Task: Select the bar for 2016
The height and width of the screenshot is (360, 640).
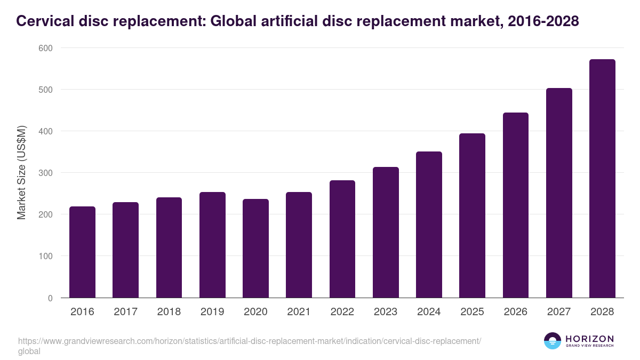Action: pyautogui.click(x=83, y=252)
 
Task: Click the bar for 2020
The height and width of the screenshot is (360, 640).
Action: pyautogui.click(x=256, y=249)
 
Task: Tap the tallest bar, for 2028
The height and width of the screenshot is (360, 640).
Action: pyautogui.click(x=602, y=179)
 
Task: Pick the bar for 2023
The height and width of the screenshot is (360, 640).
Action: pyautogui.click(x=386, y=233)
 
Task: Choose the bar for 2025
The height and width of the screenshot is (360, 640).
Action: pyautogui.click(x=472, y=215)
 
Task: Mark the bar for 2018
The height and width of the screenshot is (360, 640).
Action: pyautogui.click(x=169, y=247)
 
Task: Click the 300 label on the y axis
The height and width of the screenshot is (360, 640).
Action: pyautogui.click(x=46, y=173)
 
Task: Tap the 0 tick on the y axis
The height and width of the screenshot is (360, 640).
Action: pyautogui.click(x=50, y=298)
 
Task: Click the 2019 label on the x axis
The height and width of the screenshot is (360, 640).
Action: pyautogui.click(x=212, y=312)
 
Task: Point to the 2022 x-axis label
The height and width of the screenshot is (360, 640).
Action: pyautogui.click(x=342, y=312)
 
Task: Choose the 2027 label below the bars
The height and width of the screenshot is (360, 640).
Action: pyautogui.click(x=559, y=312)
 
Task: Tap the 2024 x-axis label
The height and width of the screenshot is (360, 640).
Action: pyautogui.click(x=429, y=312)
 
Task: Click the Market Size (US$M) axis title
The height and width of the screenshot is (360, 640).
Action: pyautogui.click(x=21, y=172)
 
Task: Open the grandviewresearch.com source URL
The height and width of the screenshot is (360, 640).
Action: pyautogui.click(x=250, y=341)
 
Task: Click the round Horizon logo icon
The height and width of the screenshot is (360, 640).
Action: pyautogui.click(x=552, y=341)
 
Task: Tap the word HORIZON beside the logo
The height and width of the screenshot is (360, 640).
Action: pyautogui.click(x=589, y=338)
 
